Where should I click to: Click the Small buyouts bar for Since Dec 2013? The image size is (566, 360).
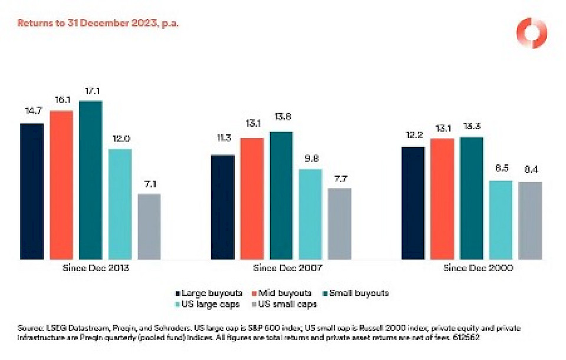pos(90,180)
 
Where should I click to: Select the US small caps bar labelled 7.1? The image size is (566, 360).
pos(149,226)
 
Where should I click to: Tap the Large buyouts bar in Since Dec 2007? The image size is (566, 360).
pos(222,207)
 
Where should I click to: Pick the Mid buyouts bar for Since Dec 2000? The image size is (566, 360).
pos(442,199)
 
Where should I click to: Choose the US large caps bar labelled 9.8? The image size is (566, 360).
pos(310,214)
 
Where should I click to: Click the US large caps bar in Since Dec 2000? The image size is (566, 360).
pos(501,220)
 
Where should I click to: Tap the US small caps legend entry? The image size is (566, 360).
pos(287,304)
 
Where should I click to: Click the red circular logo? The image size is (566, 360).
pos(531,33)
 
